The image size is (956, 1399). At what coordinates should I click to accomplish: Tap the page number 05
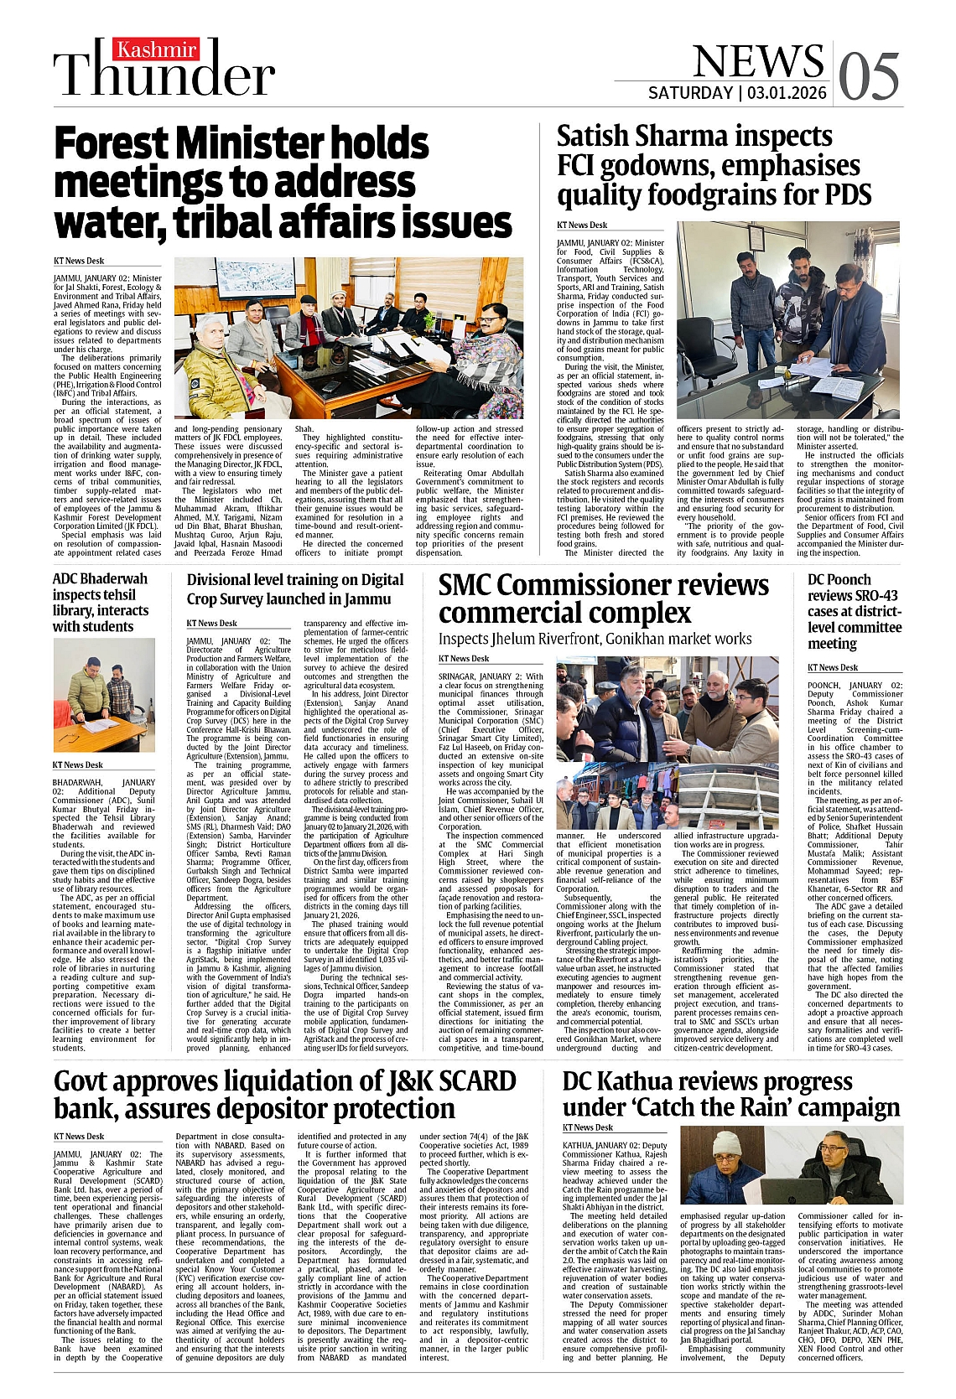[870, 76]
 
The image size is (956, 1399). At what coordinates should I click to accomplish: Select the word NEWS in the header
[758, 61]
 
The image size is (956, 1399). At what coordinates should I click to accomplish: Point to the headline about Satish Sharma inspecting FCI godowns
[714, 165]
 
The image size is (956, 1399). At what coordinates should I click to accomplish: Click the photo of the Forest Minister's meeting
[348, 337]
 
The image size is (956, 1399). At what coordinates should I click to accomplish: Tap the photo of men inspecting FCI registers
[787, 319]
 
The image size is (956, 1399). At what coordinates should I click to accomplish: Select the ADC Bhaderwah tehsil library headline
[101, 602]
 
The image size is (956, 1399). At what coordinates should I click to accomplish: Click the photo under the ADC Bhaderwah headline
[103, 695]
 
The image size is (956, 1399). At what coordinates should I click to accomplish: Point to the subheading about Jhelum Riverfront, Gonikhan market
[595, 639]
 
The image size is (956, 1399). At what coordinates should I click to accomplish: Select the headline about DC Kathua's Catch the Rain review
[730, 1094]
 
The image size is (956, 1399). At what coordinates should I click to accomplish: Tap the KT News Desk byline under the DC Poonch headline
[832, 667]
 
